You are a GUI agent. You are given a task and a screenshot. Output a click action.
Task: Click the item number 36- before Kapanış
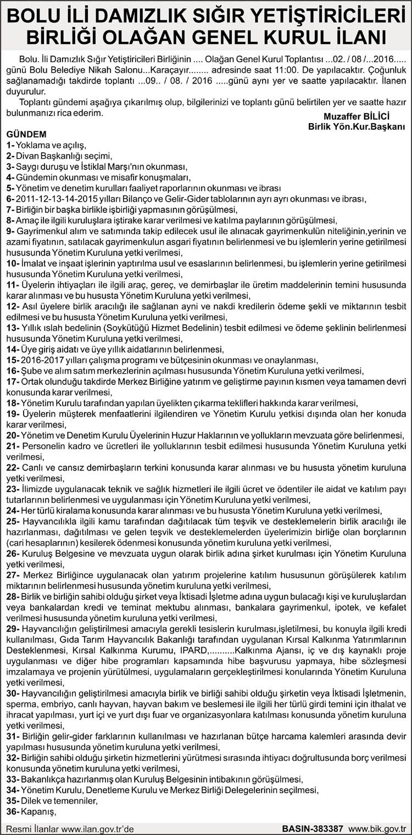point(13,811)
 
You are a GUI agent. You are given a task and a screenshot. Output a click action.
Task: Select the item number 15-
point(13,360)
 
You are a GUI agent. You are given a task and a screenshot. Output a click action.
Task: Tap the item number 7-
point(10,209)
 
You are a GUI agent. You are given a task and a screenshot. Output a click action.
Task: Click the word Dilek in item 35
point(32,800)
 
